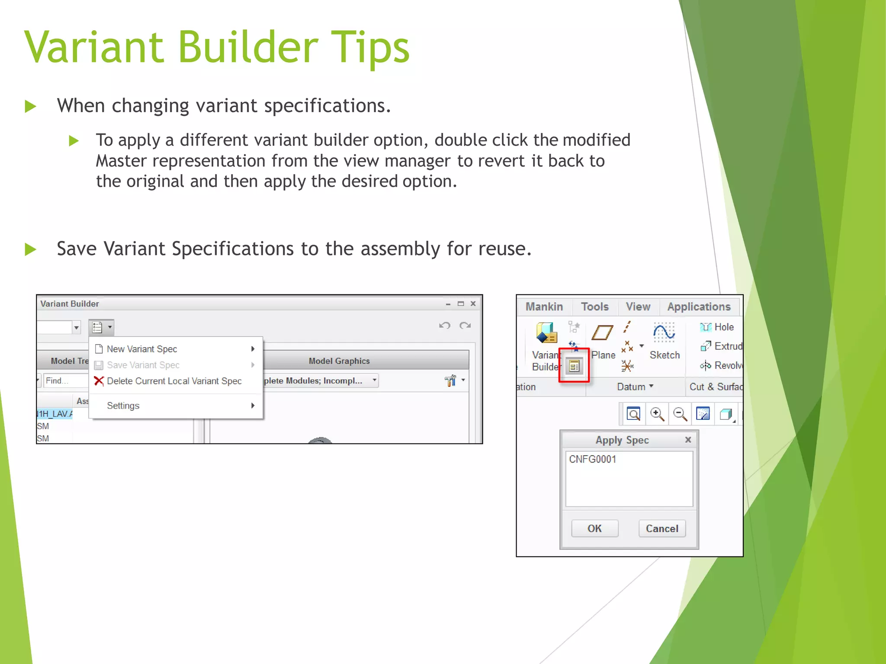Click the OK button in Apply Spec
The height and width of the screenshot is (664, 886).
[594, 528]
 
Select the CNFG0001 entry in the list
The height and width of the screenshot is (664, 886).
[592, 459]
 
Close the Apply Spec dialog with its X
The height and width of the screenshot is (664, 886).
[688, 440]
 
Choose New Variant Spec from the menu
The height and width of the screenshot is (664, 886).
[142, 349]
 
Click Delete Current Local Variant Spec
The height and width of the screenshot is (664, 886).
[174, 381]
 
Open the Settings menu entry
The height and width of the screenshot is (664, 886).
[123, 405]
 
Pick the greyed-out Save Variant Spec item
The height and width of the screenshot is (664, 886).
[143, 365]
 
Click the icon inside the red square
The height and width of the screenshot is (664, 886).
[574, 367]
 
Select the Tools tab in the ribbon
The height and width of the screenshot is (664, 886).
[594, 306]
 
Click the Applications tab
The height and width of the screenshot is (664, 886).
[698, 306]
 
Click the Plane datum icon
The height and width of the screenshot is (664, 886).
[602, 333]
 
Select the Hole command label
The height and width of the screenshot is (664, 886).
[724, 327]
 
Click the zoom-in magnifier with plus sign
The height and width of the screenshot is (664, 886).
[657, 414]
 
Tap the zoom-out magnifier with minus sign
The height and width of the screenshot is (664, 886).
[680, 414]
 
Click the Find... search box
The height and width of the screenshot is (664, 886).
[65, 380]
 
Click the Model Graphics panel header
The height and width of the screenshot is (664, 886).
[339, 361]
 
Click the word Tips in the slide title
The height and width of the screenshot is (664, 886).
[372, 48]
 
